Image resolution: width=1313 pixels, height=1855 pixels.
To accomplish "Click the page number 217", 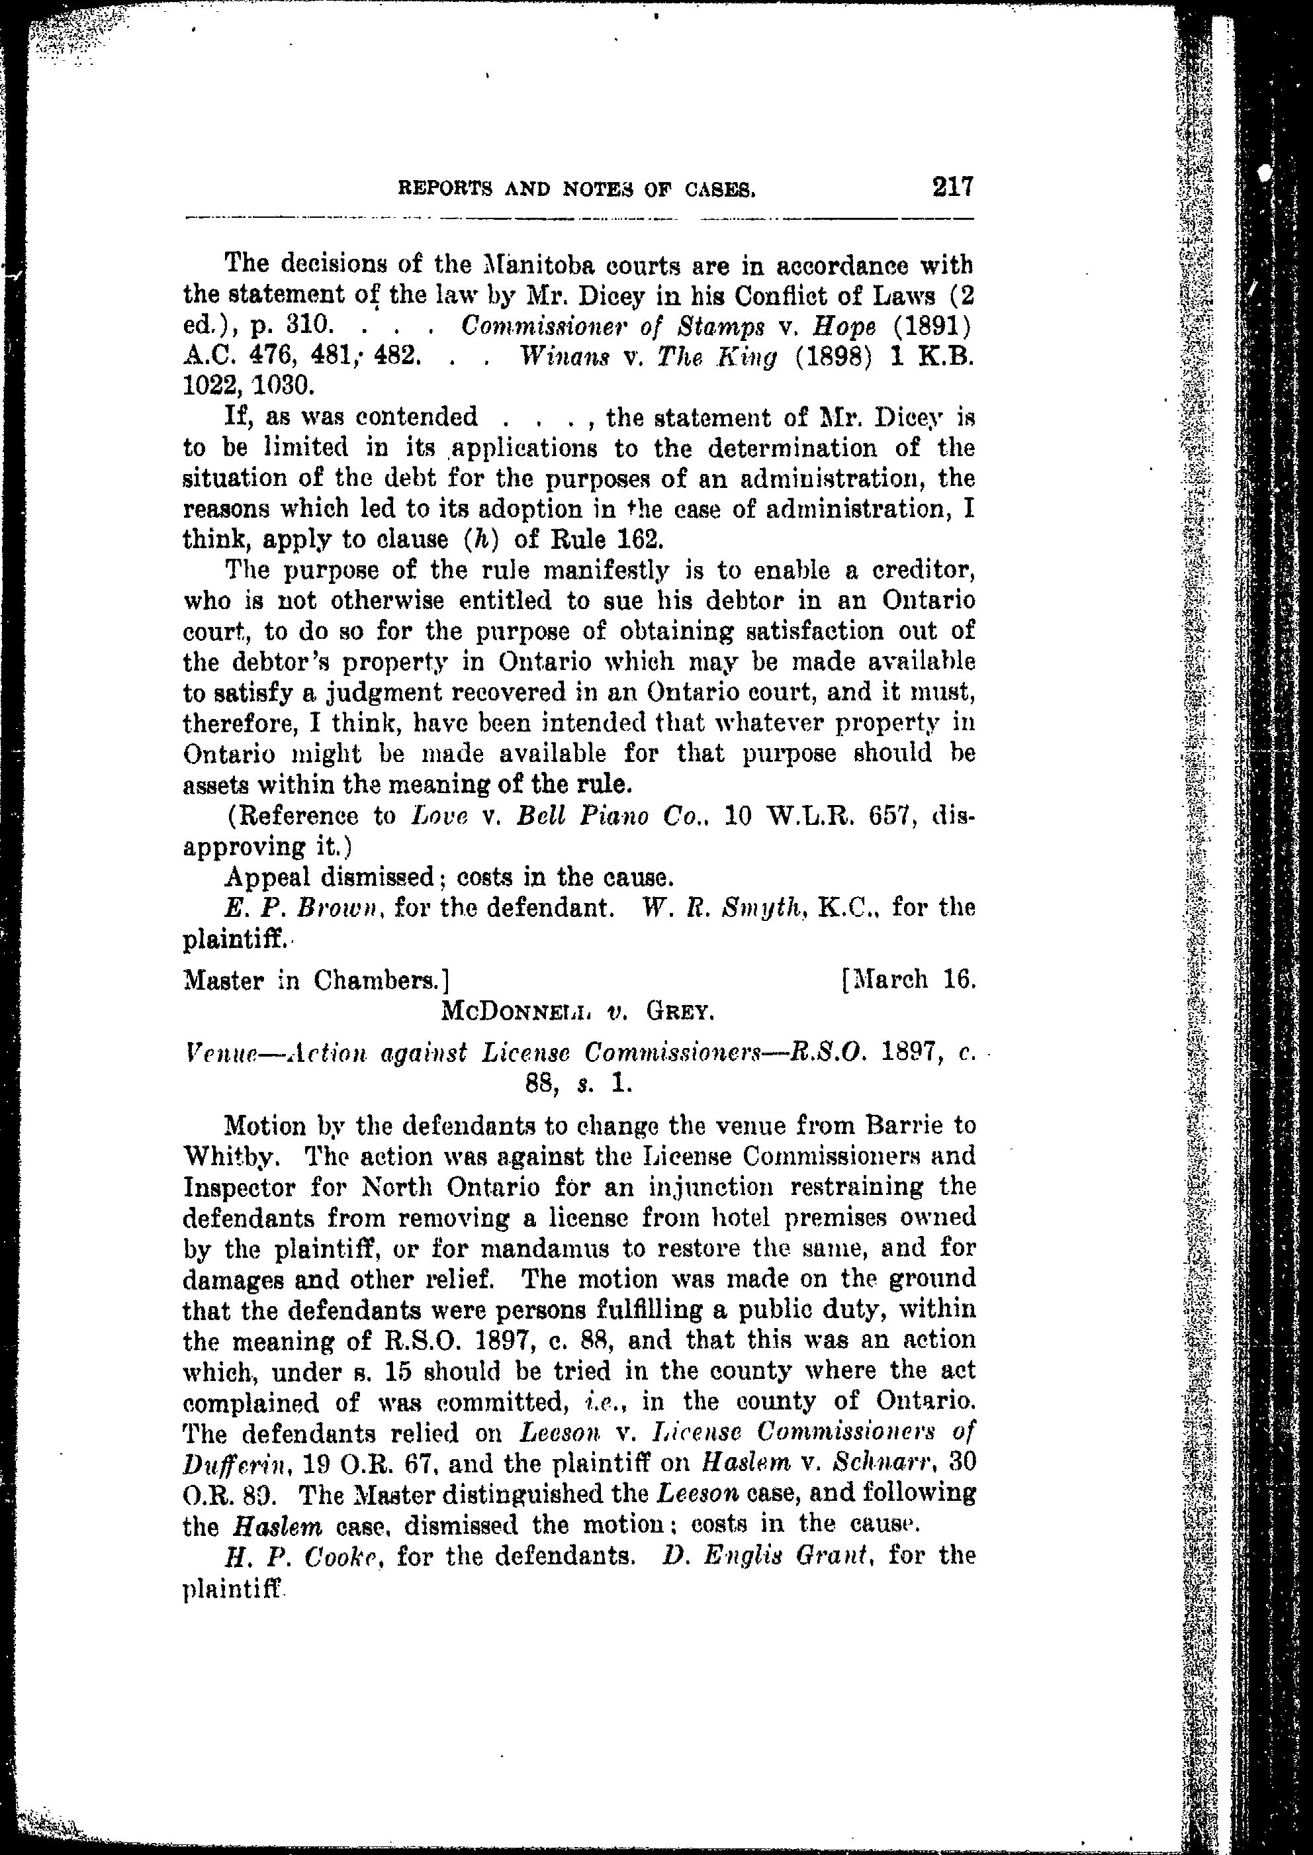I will pyautogui.click(x=952, y=187).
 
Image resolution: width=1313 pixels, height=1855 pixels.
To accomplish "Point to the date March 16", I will pyautogui.click(x=915, y=981).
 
